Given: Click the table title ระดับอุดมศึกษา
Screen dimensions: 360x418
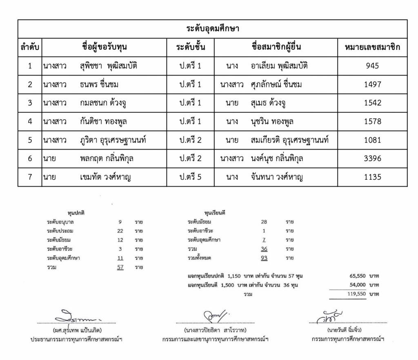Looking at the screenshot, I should [x=212, y=29].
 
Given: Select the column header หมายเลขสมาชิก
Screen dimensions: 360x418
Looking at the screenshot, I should [x=372, y=47].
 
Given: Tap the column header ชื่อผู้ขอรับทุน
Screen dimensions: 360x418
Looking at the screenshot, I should [x=104, y=47].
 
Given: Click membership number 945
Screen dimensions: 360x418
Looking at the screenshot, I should [x=372, y=66].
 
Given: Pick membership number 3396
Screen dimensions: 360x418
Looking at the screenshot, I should [x=372, y=159].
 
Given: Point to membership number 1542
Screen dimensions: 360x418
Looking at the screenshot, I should [x=372, y=103].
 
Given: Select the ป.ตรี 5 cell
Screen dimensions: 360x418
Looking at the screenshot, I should [x=190, y=177].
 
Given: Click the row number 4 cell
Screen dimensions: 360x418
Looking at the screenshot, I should [x=30, y=121].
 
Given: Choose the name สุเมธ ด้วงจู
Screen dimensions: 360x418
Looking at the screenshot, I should [x=268, y=103].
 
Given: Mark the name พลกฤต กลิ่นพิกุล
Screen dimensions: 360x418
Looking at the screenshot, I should [x=107, y=159].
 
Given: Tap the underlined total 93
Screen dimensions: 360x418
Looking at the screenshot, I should [x=264, y=258].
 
